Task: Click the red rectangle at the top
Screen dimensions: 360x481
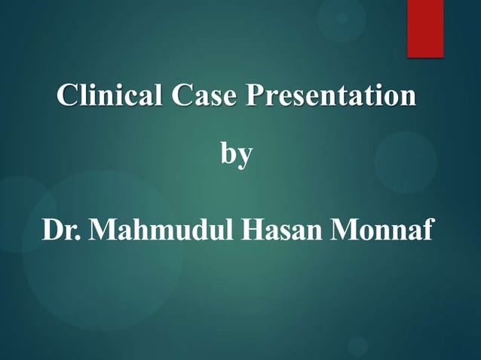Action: [425, 28]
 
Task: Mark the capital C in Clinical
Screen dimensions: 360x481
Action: [69, 98]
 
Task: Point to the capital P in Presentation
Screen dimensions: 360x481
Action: [258, 98]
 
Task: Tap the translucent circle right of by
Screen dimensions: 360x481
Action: [406, 162]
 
